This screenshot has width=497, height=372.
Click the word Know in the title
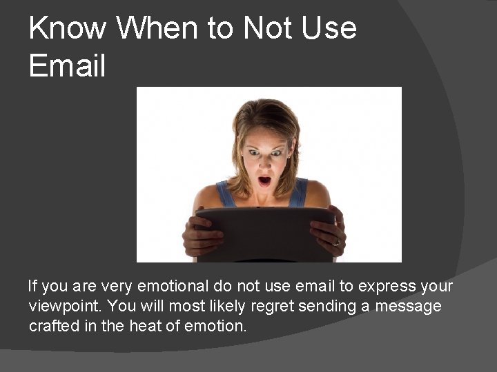click(x=68, y=28)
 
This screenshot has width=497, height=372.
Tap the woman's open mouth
click(x=264, y=181)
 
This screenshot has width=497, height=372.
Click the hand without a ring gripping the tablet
click(x=200, y=234)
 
